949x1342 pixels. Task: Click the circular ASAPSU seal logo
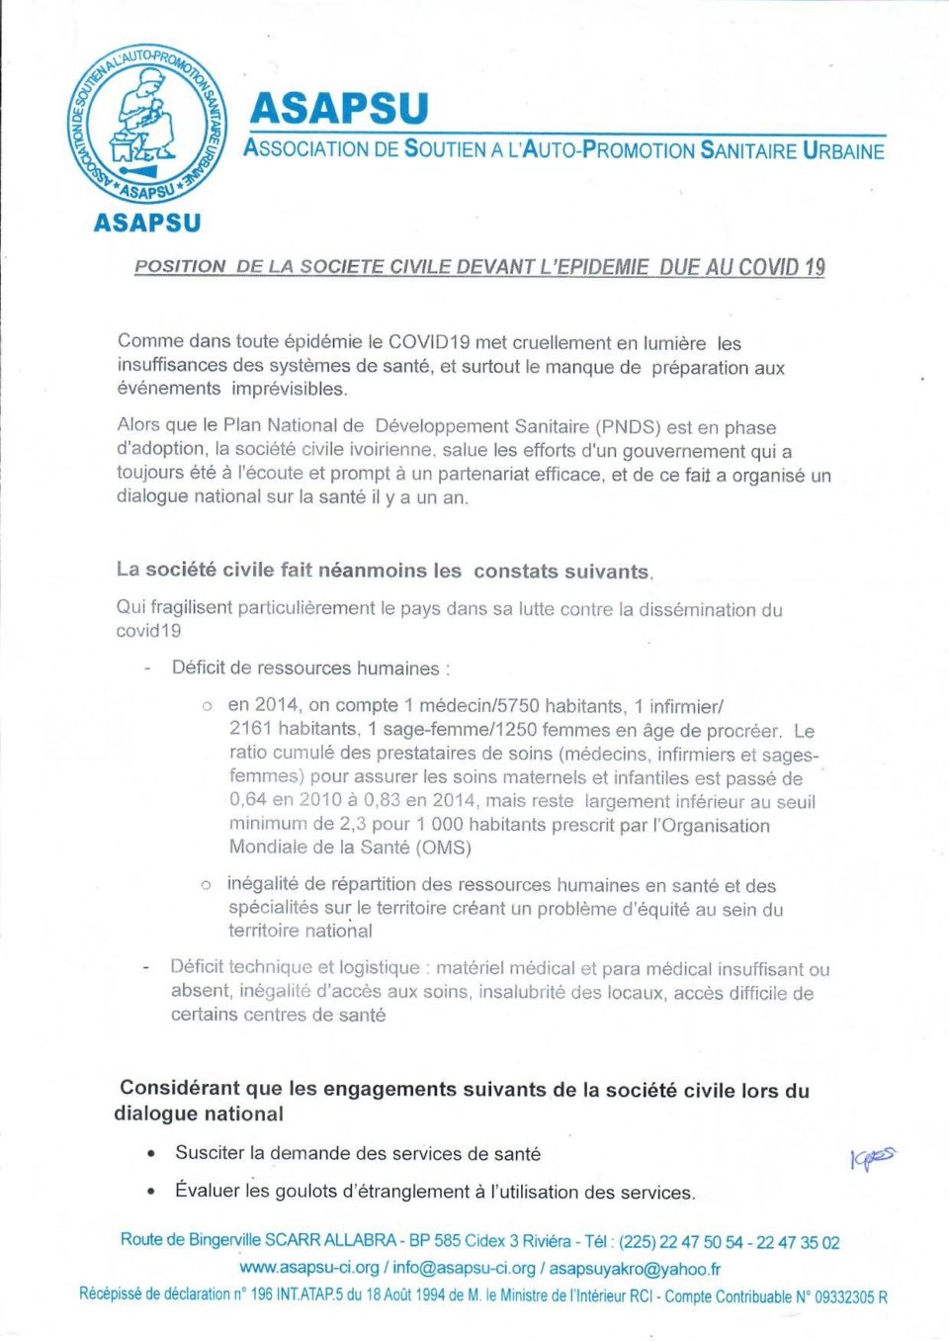click(146, 124)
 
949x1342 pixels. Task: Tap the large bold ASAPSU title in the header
click(339, 108)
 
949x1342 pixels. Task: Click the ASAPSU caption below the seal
click(147, 224)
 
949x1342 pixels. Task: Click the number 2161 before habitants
click(251, 729)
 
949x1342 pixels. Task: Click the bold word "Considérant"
click(179, 1089)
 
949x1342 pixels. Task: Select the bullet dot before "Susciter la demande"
click(150, 1154)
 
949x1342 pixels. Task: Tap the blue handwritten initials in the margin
click(872, 1157)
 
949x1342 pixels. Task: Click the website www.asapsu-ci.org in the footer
click(309, 1268)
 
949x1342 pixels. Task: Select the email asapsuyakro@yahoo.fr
click(635, 1268)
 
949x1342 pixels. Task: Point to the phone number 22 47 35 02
click(798, 1242)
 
